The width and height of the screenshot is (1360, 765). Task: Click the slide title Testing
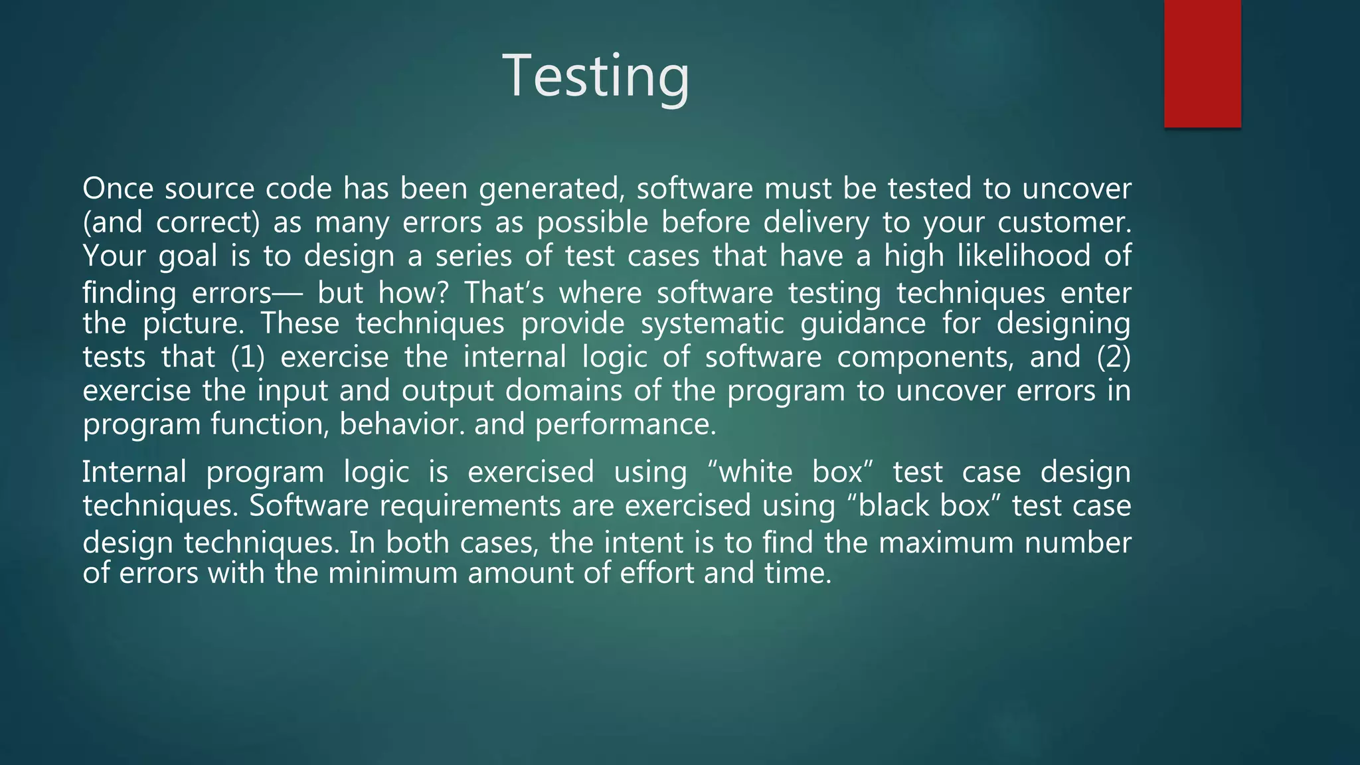tap(596, 76)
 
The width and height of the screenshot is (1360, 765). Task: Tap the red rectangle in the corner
tap(1202, 63)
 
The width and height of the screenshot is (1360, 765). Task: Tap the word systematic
tap(712, 324)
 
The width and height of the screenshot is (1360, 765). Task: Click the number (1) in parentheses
tap(248, 357)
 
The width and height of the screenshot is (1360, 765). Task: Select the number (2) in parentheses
tap(1113, 357)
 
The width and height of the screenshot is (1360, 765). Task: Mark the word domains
tap(563, 390)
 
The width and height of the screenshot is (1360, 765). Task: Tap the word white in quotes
tap(756, 473)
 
